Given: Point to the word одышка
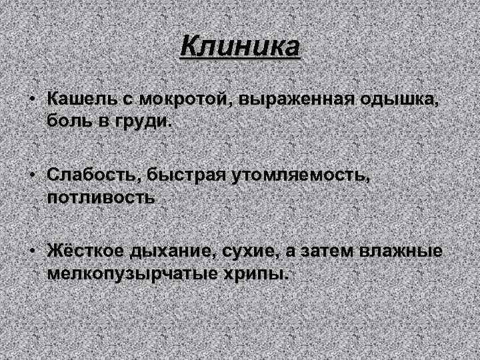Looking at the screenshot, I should click(406, 99).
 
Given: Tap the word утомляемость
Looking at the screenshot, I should click(301, 175).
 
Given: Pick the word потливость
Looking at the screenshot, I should click(101, 198).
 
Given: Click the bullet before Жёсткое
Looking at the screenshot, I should click(32, 251).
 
